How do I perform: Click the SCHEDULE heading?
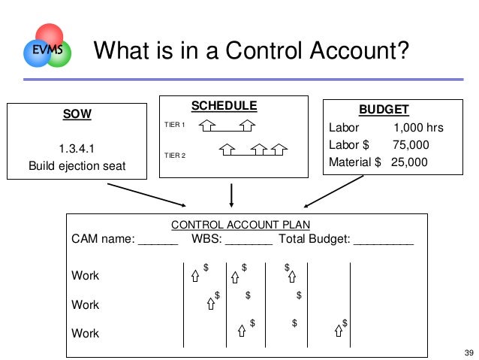tap(224, 106)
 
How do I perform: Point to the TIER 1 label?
tap(175, 125)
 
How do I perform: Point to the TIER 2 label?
tap(175, 155)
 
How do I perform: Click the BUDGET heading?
tap(384, 110)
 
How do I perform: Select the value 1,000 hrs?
tap(419, 128)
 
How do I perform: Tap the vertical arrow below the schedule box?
tap(231, 194)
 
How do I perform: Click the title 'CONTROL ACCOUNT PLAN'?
tap(241, 225)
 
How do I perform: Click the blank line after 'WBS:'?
tap(249, 241)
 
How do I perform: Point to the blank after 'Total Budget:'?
tap(383, 241)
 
